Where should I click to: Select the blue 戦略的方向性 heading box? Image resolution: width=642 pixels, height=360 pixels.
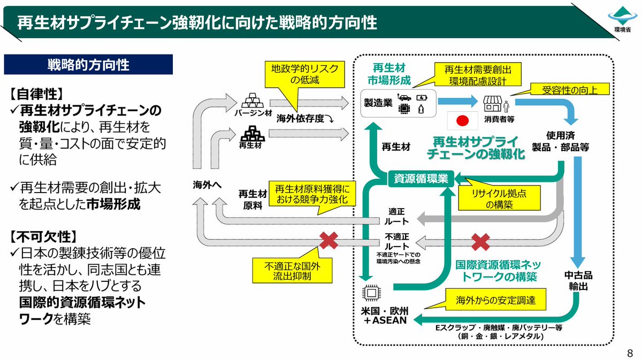(88, 65)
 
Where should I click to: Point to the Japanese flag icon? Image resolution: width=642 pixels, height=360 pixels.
(462, 121)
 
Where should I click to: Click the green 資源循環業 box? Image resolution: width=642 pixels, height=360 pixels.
(420, 178)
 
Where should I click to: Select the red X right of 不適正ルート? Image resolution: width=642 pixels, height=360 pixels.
(481, 241)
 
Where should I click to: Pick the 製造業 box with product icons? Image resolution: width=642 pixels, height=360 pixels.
(399, 103)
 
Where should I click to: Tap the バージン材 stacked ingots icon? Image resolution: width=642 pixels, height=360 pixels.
(249, 101)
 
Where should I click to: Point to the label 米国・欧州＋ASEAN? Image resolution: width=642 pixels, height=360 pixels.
(385, 315)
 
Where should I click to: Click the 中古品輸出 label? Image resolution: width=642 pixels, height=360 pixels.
(578, 281)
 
